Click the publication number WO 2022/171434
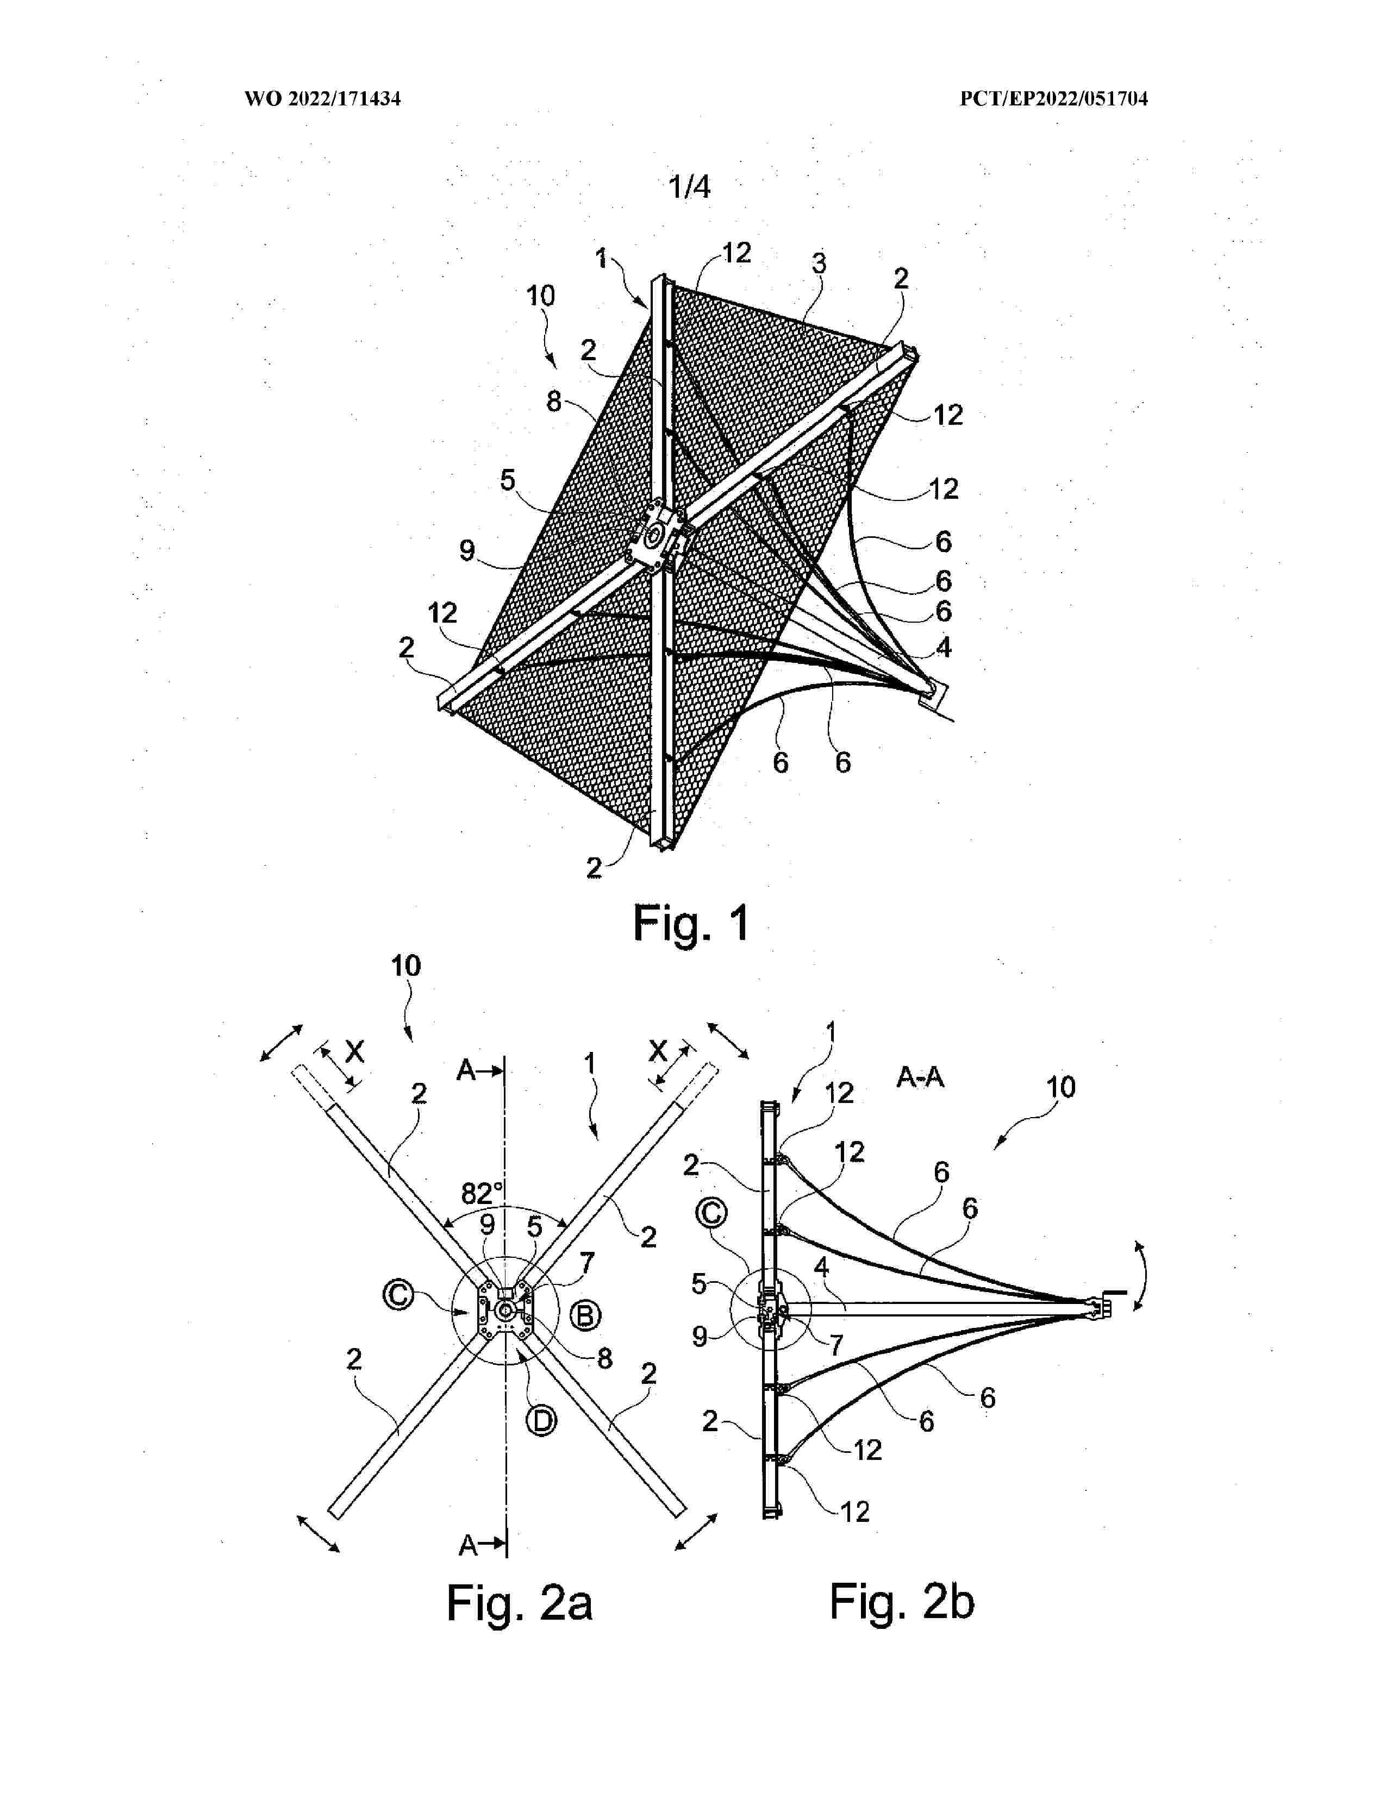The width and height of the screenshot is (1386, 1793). click(323, 99)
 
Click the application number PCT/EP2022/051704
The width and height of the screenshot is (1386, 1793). click(1053, 99)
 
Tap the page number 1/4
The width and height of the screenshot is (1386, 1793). click(690, 187)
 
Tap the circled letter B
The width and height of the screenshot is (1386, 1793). click(585, 1316)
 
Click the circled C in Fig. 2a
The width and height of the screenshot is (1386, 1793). click(398, 1295)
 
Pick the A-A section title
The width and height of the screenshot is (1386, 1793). click(920, 1077)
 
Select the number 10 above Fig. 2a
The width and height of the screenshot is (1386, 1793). click(405, 966)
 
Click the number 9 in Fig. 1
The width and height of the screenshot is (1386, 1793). click(467, 550)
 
